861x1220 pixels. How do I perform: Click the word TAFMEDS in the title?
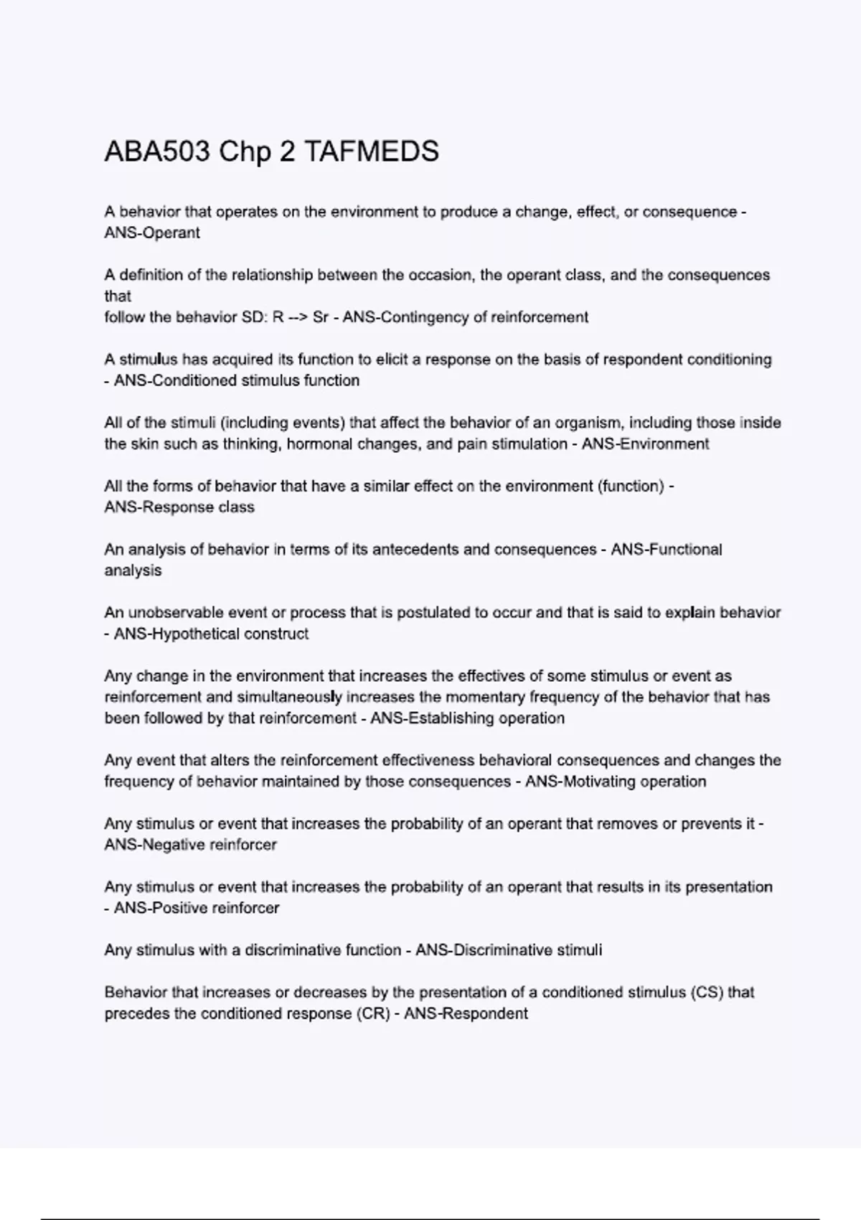tap(372, 152)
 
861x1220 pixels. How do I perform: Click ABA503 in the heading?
tap(157, 152)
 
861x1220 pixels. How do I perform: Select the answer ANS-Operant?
tap(152, 233)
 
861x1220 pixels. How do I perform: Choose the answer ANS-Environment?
tap(645, 444)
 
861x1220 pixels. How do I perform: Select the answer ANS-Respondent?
tap(466, 1014)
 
